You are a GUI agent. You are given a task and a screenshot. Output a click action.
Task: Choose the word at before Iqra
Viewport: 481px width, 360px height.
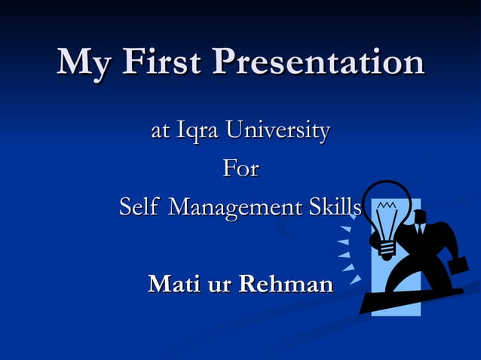[x=159, y=132]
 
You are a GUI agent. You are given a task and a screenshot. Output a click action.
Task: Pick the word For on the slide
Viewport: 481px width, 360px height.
[x=240, y=169]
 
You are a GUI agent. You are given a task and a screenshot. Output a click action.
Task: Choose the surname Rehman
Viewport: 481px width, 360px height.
[x=286, y=285]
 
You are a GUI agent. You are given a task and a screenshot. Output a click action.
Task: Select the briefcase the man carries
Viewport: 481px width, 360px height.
[x=459, y=265]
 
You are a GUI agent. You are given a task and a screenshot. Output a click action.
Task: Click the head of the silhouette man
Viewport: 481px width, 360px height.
[x=419, y=217]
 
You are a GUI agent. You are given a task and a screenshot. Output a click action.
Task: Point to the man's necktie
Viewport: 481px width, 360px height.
[x=420, y=233]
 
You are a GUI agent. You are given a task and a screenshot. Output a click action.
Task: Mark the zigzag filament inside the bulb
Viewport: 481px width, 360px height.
[x=386, y=205]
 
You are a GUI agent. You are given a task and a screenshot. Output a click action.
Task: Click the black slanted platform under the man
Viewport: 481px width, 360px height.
[x=407, y=300]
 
